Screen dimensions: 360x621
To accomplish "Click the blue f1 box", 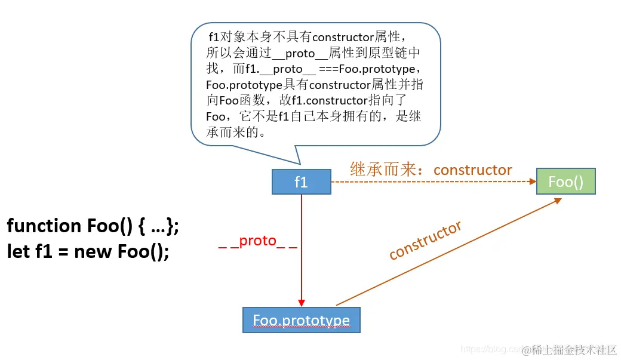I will tap(301, 182).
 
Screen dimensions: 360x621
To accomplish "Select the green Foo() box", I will tap(565, 181).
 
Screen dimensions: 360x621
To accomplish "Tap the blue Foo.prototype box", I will tap(301, 320).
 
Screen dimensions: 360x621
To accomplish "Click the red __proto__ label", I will tap(257, 241).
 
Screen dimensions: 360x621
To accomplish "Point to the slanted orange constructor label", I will tap(425, 240).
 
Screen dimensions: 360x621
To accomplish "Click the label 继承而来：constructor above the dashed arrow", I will tap(431, 170).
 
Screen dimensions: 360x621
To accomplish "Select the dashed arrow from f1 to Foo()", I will tap(430, 181).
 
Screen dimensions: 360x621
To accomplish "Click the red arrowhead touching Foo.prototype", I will tap(302, 303).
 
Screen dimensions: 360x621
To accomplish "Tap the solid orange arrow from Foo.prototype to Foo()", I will tap(448, 251).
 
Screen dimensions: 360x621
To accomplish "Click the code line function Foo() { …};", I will tap(93, 226).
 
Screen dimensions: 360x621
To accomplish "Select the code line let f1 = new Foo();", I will tap(88, 251).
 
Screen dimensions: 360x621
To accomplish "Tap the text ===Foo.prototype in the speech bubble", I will tap(364, 69).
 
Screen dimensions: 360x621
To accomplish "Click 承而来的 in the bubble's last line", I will tap(235, 132).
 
